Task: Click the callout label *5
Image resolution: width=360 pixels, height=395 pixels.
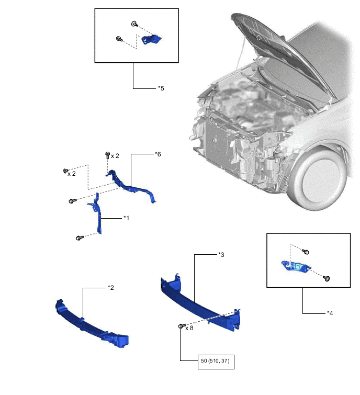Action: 161,88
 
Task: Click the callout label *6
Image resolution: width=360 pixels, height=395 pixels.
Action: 157,154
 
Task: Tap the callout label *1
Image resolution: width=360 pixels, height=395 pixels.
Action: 126,217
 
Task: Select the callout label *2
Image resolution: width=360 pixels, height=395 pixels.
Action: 110,287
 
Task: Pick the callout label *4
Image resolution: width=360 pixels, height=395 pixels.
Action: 330,313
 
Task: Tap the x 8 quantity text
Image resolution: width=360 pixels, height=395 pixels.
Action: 189,329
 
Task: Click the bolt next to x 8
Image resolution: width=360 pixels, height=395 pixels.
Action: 181,326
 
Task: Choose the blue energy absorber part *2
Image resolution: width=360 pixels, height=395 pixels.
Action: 92,324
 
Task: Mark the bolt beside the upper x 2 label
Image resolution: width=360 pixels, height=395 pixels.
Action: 107,155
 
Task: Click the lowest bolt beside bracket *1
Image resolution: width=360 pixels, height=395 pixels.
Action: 79,238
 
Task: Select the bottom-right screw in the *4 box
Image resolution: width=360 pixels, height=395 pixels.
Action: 327,279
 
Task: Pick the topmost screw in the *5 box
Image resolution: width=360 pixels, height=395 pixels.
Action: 134,24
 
